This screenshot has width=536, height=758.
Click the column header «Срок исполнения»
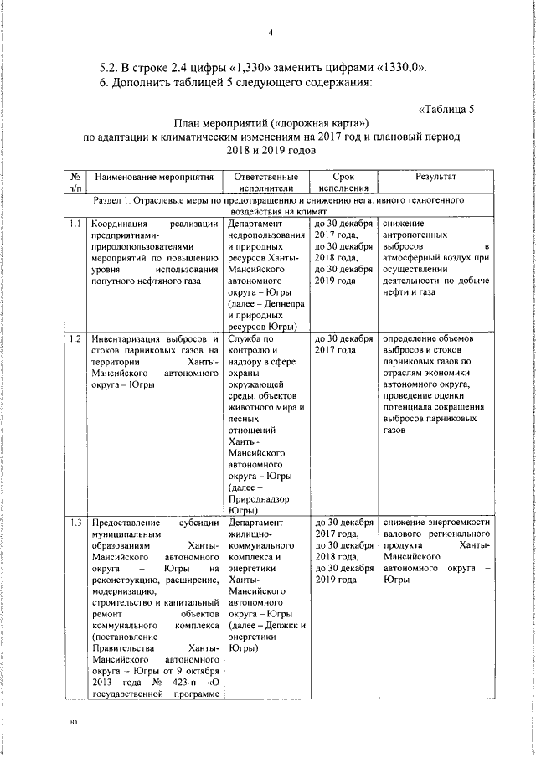point(343,183)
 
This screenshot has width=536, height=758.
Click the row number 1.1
point(75,224)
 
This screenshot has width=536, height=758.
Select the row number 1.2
point(75,338)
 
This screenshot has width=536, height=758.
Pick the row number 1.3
point(75,523)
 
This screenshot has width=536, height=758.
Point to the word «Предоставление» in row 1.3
point(130,523)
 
